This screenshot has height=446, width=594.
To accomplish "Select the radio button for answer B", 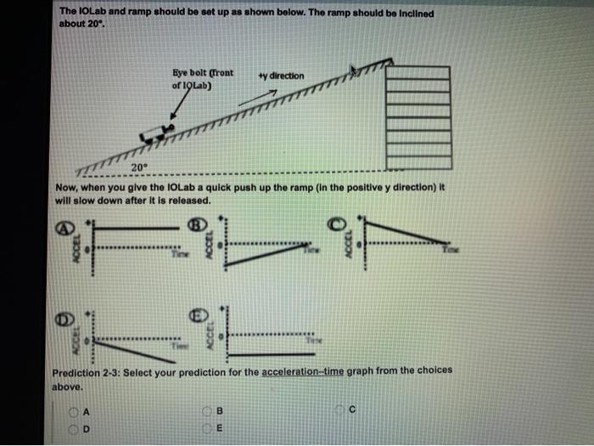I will point(207,411).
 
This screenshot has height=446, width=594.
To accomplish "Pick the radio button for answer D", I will point(75,427).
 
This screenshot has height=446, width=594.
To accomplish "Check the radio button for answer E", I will point(207,427).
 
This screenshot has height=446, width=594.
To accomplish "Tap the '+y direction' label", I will point(281,76).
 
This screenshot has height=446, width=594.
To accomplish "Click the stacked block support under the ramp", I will point(417,115).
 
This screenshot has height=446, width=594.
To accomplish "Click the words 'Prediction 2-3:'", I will point(86,370).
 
